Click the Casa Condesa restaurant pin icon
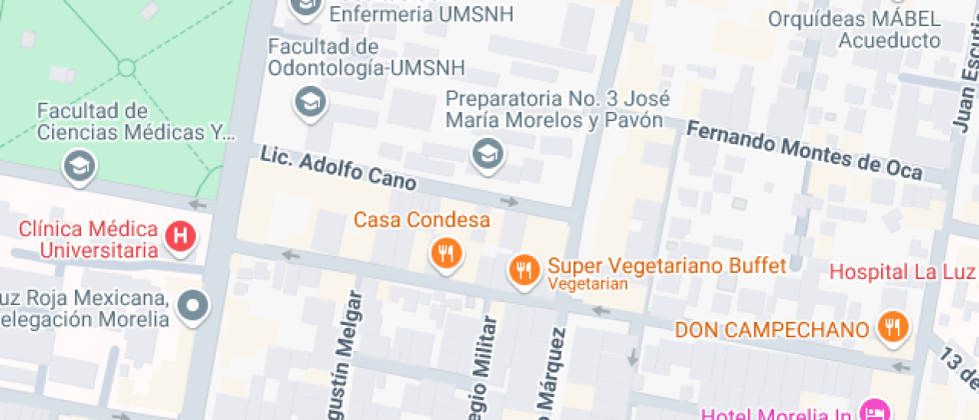click(447, 253)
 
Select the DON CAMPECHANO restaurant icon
click(890, 326)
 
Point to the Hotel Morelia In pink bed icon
click(875, 410)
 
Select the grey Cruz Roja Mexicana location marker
click(192, 304)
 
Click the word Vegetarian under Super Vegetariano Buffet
click(587, 285)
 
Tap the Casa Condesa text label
click(422, 219)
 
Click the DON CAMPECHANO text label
click(771, 329)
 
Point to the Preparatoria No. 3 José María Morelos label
click(556, 110)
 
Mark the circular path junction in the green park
click(126, 68)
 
